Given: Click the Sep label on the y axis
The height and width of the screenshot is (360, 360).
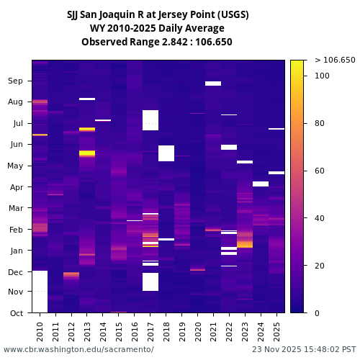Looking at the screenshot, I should [15, 81].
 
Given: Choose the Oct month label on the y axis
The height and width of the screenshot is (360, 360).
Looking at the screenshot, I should [15, 313].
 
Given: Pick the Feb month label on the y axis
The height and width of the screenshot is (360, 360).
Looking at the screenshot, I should [15, 230].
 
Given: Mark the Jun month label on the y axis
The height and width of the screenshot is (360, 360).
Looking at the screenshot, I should [15, 145].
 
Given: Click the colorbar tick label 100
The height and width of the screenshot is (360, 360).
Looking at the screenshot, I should [322, 76].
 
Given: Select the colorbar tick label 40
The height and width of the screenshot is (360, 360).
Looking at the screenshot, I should [320, 218].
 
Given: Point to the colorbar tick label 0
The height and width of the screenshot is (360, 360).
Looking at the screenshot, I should [318, 313].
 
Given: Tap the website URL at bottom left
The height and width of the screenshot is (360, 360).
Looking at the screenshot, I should [78, 349].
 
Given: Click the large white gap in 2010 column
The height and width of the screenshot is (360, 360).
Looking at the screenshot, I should [40, 292].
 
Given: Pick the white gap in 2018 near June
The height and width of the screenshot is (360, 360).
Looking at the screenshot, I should [166, 153].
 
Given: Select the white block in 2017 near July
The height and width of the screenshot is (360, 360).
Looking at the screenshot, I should [150, 120].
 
